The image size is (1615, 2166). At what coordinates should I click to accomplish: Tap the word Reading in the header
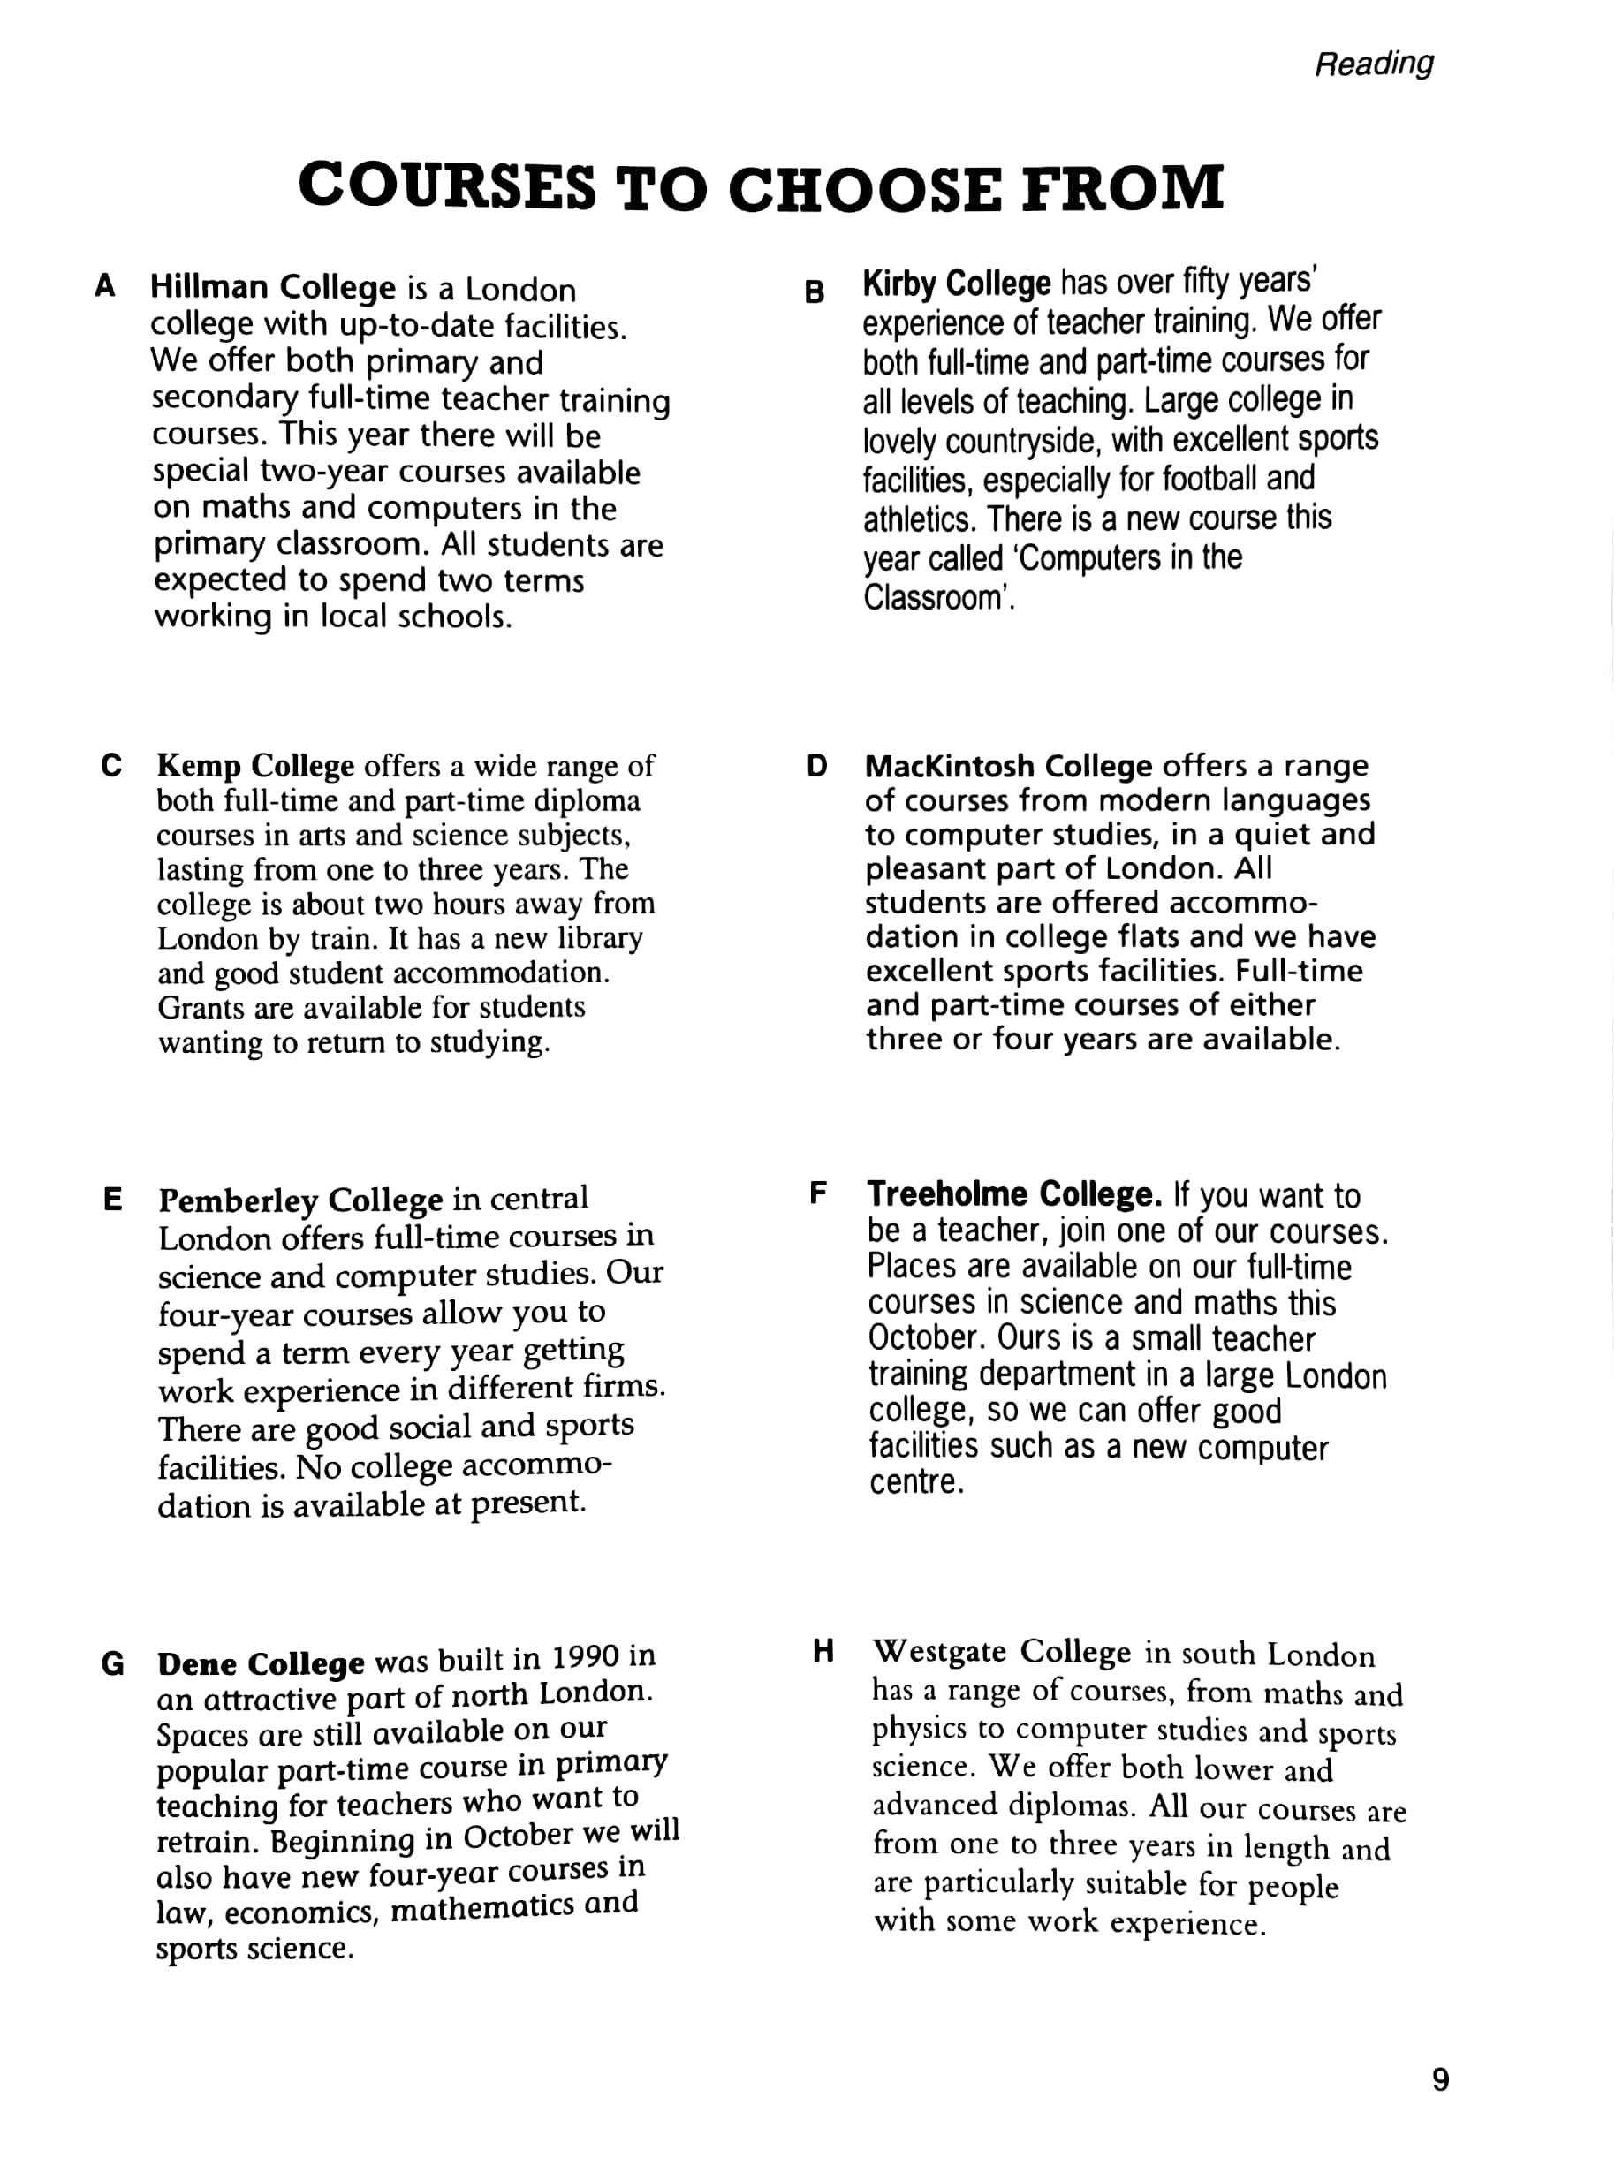click(1374, 64)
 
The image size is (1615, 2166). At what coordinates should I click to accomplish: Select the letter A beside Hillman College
click(106, 286)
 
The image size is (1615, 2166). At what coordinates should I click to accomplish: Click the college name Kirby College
click(956, 284)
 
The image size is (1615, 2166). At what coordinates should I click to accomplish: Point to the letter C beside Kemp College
click(111, 764)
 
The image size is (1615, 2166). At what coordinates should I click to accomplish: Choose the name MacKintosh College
click(1008, 765)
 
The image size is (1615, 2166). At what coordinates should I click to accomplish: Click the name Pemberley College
click(300, 1200)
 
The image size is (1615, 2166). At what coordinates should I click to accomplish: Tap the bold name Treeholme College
click(1013, 1194)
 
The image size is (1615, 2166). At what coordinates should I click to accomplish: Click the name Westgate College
click(1001, 1652)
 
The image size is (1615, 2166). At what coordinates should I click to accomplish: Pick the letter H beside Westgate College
click(823, 1651)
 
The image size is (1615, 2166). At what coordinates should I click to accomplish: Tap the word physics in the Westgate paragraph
click(919, 1729)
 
